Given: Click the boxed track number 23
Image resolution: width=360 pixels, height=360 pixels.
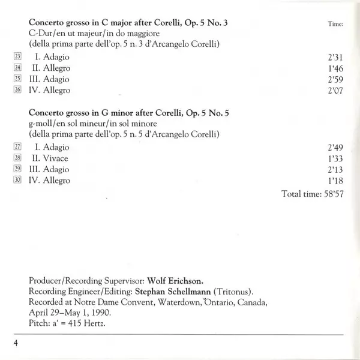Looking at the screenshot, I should [17, 56].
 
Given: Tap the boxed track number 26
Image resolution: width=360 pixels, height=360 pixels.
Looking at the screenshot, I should [17, 90].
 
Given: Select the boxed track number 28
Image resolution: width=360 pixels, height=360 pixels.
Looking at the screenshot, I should [17, 158].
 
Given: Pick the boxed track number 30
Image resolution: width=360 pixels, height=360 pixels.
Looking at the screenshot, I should [17, 181].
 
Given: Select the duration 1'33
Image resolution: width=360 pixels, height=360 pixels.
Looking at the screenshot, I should [335, 158].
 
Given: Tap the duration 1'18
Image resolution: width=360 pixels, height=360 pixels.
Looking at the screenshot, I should [335, 181].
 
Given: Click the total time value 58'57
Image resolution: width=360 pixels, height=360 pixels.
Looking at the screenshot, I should [331, 194].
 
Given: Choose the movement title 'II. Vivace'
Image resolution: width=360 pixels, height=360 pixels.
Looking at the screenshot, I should [51, 158].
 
